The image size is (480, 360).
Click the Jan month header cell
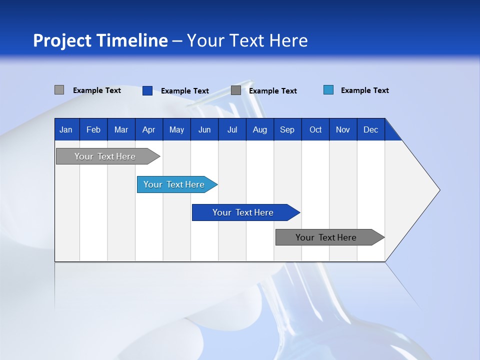(x=66, y=129)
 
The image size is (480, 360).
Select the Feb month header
(x=93, y=129)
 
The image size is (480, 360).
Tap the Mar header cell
(x=121, y=129)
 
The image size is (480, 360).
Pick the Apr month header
(x=148, y=129)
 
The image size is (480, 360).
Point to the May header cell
(x=176, y=129)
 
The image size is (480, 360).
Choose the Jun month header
(x=204, y=129)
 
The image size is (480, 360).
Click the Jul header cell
(x=232, y=129)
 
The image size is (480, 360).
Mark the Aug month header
(x=260, y=129)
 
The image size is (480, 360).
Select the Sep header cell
(x=287, y=129)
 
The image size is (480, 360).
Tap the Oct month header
(x=315, y=129)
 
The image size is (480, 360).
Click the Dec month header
(x=371, y=129)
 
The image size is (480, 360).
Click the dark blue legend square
(x=147, y=90)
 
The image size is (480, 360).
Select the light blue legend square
(x=328, y=90)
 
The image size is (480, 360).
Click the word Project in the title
(x=62, y=40)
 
